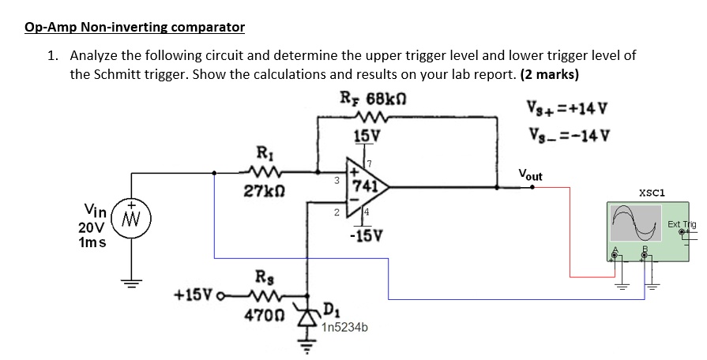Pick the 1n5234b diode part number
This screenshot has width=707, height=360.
pos(345,328)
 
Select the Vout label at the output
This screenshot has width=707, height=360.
pos(531,174)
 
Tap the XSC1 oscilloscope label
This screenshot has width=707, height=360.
pos(652,193)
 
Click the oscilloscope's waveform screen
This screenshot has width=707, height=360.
pos(636,223)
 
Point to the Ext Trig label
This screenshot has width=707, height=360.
pos(682,224)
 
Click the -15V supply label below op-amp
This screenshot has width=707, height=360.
pos(366,234)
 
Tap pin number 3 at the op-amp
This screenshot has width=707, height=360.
pos(336,181)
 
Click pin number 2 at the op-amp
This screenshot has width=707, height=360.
pos(337,212)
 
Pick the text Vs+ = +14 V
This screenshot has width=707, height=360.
pos(568,109)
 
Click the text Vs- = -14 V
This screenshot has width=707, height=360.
pos(570,134)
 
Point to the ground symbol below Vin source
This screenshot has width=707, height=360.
pos(131,283)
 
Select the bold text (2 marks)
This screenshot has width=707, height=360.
pos(549,74)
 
